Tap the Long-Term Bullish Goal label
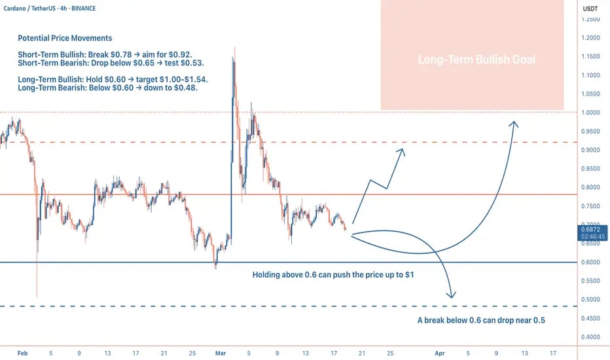476,60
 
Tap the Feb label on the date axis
22,353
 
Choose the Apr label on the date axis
439,353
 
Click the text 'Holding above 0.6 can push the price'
332,276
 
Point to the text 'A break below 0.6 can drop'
481,321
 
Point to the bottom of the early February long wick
37,297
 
